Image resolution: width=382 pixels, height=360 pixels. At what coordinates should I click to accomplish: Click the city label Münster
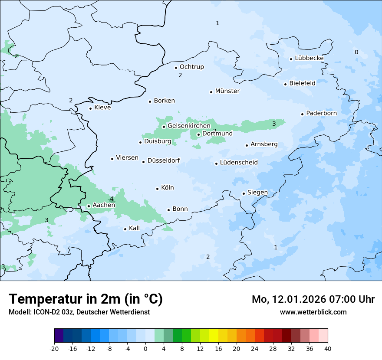[227, 91]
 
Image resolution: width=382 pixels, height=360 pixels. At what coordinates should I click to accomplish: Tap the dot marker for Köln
[158, 189]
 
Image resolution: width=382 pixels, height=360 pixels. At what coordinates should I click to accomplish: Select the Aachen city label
[104, 205]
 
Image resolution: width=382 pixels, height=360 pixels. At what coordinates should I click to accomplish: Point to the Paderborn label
[321, 113]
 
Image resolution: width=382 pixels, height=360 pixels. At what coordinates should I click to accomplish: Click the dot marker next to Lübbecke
[291, 59]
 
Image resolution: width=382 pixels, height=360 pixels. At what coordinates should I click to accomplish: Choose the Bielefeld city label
[302, 83]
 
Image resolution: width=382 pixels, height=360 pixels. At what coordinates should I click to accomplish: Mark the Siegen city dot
[244, 193]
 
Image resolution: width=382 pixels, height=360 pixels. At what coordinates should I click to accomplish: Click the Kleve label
[102, 108]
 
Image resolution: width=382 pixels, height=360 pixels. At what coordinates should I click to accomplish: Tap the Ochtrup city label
[191, 67]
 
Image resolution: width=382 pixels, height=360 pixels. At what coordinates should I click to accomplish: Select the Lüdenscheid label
[239, 163]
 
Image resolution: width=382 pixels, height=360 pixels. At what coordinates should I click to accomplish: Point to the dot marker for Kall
[125, 229]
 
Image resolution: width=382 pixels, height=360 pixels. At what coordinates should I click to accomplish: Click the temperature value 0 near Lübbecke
[356, 52]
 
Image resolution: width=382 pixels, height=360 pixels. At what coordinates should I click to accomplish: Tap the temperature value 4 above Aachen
[112, 199]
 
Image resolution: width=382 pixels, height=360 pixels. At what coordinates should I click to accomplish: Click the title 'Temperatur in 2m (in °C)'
[86, 299]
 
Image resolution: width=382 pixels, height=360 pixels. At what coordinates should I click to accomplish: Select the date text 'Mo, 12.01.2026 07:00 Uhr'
[313, 299]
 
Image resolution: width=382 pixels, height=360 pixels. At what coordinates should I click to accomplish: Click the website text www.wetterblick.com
[313, 312]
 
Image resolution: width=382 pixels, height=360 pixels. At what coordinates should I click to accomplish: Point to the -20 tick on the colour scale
[54, 348]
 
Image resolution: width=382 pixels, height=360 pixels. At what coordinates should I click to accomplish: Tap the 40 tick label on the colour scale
[328, 348]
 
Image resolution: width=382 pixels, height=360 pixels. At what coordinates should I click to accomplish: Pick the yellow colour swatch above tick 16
[214, 336]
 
